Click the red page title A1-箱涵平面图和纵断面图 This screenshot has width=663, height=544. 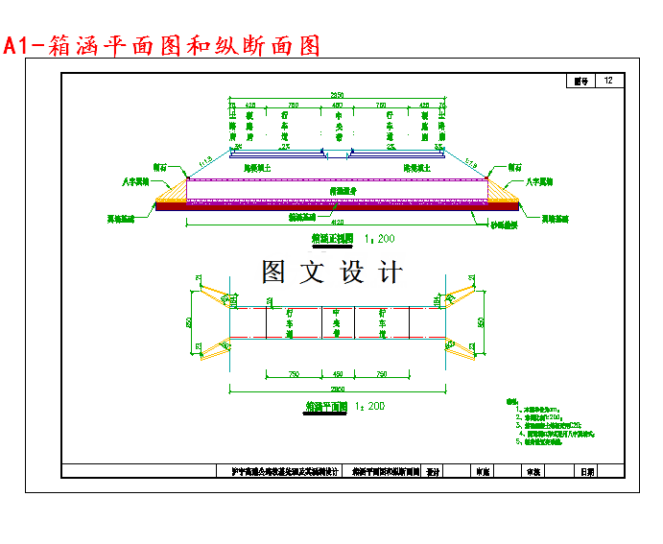161,45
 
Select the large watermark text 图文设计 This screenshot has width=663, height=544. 332,272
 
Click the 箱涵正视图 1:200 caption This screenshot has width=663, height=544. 352,237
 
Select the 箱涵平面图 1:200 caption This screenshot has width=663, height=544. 344,407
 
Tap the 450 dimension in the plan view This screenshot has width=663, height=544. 337,373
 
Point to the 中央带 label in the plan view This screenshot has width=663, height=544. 337,322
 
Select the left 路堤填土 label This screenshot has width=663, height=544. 258,169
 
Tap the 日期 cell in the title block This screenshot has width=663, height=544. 587,472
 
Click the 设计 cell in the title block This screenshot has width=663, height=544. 433,472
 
